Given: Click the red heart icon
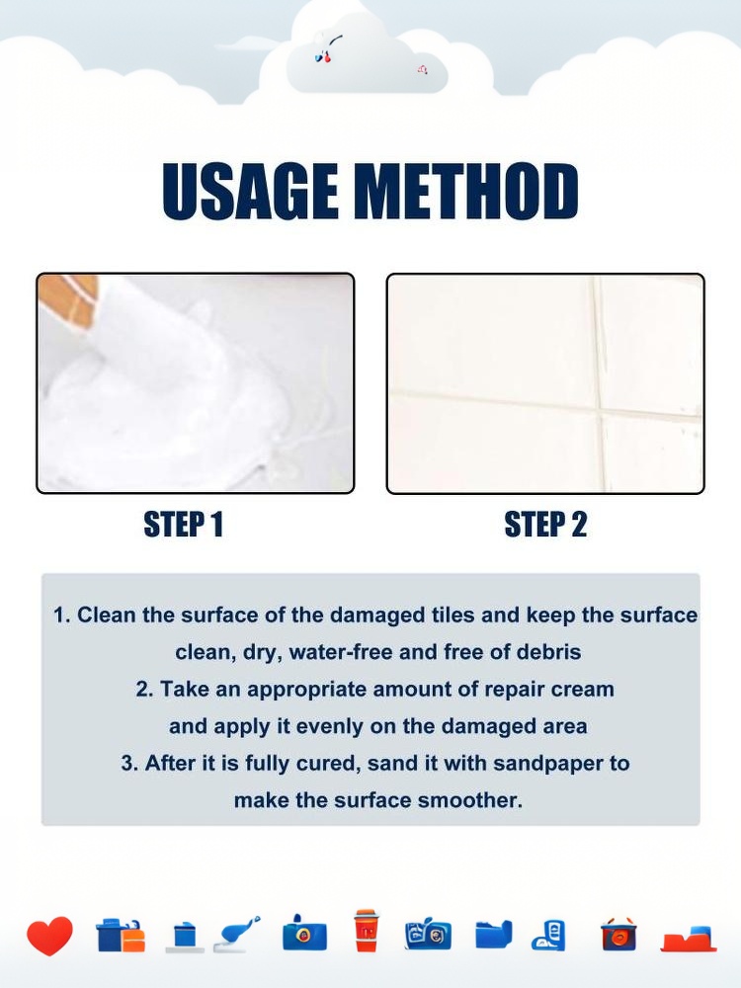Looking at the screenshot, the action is pos(49,935).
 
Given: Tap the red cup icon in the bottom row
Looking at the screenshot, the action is pos(366,930).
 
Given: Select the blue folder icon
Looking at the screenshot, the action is pos(493,934).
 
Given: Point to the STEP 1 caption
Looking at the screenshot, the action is pos(184,525).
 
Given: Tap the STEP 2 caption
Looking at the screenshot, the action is pos(545,525).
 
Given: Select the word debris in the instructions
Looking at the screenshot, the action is pos(548,651).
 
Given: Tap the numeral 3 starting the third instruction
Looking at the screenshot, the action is pos(126,764).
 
